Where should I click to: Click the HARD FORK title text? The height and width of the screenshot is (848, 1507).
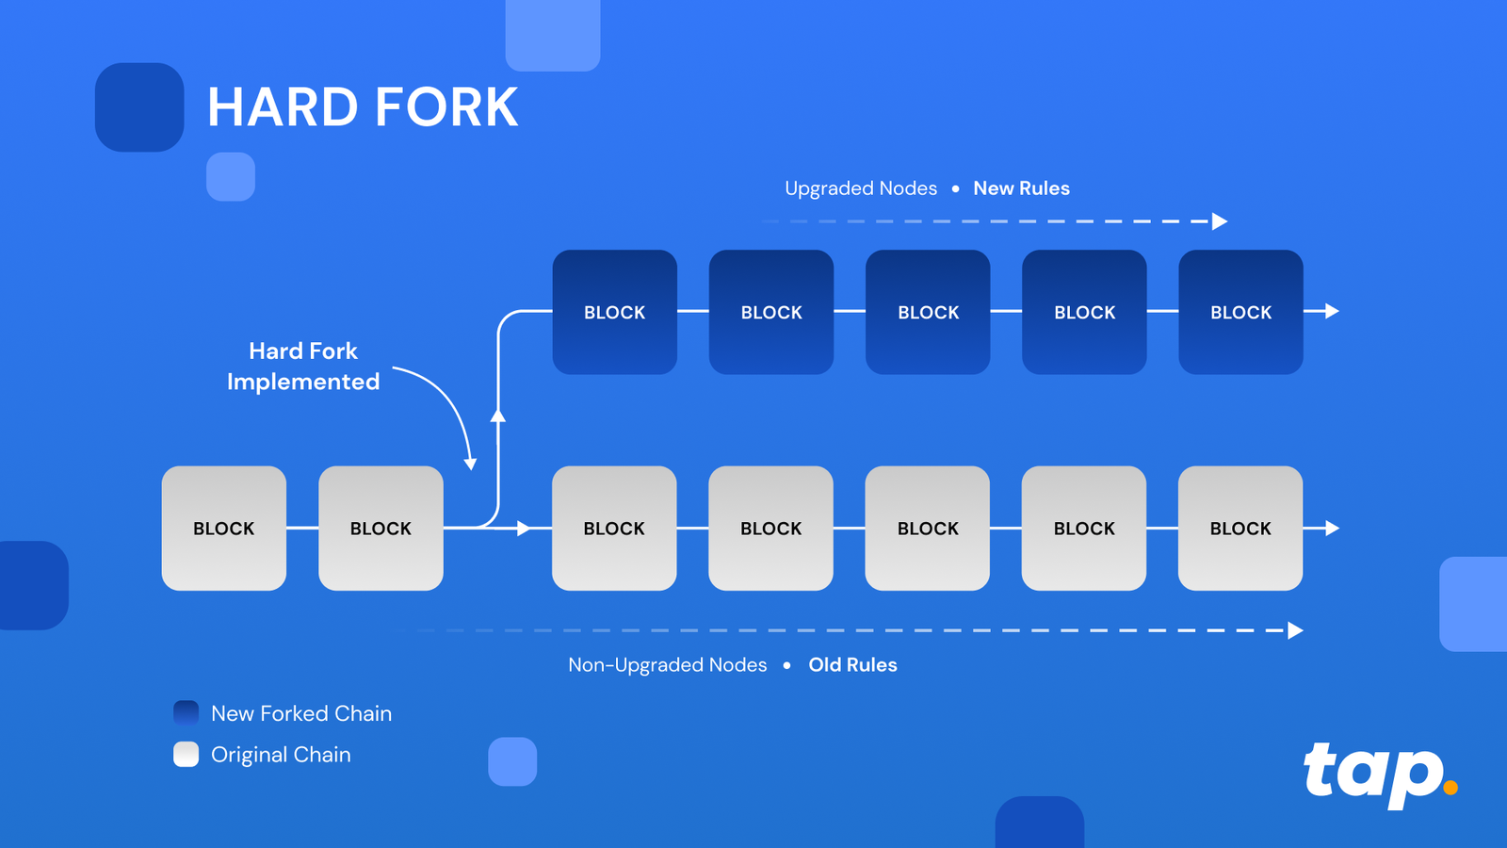click(363, 107)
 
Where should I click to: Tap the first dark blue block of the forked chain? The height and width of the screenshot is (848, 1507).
click(614, 312)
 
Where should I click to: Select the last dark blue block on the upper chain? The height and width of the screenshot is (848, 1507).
click(1240, 312)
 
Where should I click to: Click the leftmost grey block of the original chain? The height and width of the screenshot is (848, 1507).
click(224, 529)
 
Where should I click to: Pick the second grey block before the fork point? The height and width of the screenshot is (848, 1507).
click(381, 529)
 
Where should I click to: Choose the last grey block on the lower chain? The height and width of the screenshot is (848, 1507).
click(1240, 529)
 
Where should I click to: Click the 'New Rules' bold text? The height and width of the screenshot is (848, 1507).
click(1021, 188)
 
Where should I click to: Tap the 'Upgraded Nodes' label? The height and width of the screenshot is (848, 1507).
click(861, 188)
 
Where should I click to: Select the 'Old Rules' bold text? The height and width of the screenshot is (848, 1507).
click(852, 665)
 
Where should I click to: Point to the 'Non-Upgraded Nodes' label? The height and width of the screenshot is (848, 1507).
click(667, 665)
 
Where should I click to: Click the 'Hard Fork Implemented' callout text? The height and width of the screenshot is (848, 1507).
click(303, 367)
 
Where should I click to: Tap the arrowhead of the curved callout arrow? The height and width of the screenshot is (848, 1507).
click(470, 464)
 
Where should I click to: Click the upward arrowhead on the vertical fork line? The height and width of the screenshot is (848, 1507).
click(498, 415)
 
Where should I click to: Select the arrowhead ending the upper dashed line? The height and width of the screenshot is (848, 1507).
click(1220, 221)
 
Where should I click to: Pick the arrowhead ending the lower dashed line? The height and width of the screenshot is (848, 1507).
click(1296, 630)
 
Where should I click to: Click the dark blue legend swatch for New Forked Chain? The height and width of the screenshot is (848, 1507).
click(186, 713)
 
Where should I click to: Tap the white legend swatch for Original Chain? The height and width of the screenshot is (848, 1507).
click(186, 755)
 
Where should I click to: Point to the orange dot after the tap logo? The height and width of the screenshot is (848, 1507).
click(1450, 787)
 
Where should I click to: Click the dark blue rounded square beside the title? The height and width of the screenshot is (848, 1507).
click(139, 107)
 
